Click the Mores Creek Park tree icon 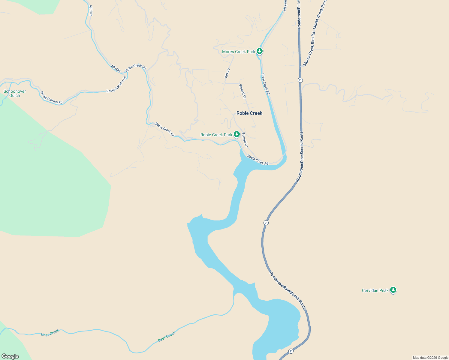click(x=260, y=51)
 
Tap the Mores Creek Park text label click(x=239, y=52)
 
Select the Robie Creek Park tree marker click(x=237, y=134)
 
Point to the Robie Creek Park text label click(x=216, y=135)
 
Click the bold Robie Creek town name click(x=249, y=113)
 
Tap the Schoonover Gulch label click(x=15, y=94)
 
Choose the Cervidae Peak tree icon click(x=393, y=290)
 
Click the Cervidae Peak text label click(x=375, y=291)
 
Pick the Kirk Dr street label click(x=227, y=73)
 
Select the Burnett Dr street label click(x=243, y=91)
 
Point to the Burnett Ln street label click(x=245, y=140)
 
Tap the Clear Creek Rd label click(x=266, y=84)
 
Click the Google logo click(x=10, y=356)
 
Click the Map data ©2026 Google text click(x=430, y=358)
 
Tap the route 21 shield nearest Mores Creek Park click(x=300, y=80)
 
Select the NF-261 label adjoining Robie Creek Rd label click(x=116, y=69)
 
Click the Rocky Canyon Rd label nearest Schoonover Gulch click(x=51, y=98)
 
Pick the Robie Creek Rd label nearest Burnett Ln click(x=258, y=160)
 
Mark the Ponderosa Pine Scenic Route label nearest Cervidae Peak click(x=288, y=291)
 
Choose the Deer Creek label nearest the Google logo click(x=50, y=333)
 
